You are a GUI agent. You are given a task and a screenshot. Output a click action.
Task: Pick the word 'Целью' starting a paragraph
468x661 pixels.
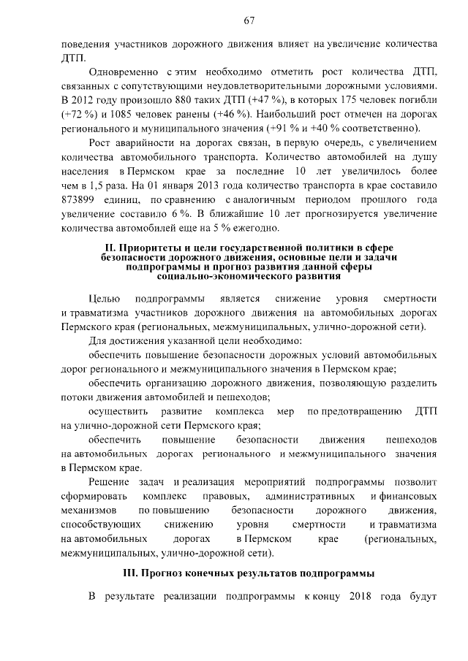click(x=103, y=298)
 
